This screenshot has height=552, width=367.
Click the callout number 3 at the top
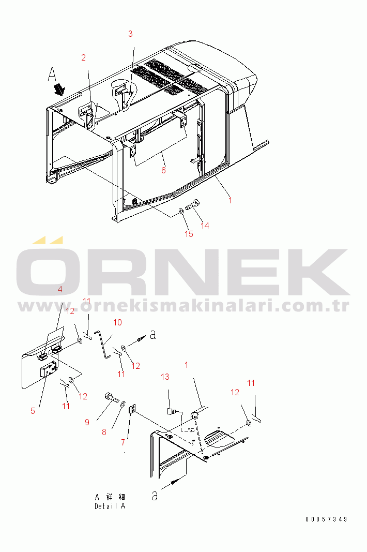[130, 34]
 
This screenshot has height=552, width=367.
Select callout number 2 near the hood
[83, 58]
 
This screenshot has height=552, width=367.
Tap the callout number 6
[163, 170]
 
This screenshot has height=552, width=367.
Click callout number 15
[189, 234]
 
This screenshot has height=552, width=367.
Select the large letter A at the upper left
[52, 75]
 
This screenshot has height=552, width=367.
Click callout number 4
[59, 290]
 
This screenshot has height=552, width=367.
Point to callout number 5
[33, 411]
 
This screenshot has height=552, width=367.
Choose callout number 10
[117, 322]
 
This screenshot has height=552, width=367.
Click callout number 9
[87, 422]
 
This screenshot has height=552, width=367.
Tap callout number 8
[104, 432]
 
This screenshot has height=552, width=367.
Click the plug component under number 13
[172, 411]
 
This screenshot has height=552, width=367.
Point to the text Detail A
[110, 506]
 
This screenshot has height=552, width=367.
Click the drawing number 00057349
[326, 519]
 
